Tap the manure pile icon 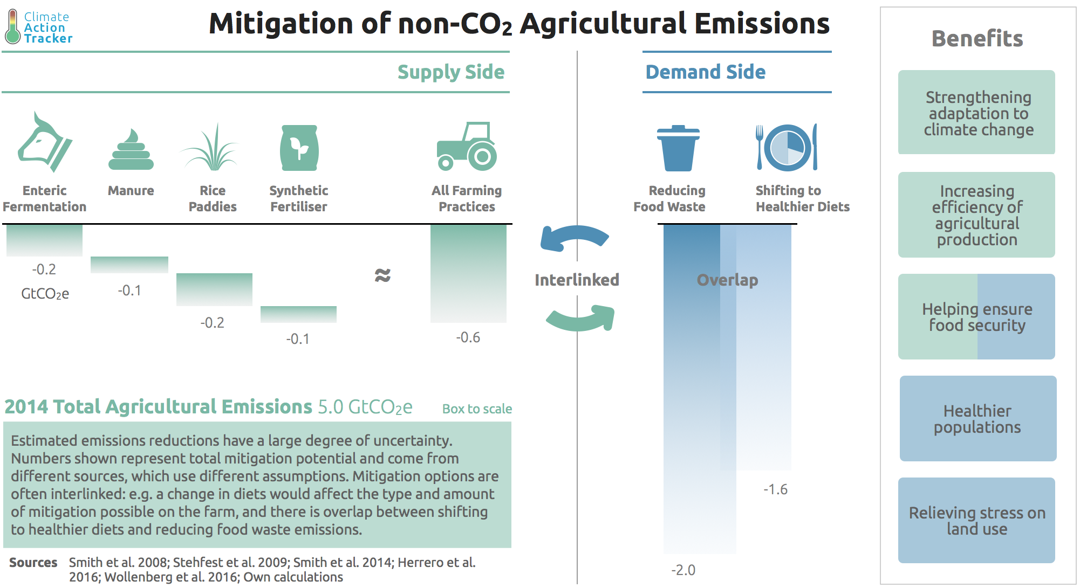(x=131, y=150)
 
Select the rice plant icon (x=211, y=148)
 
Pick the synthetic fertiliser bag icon (x=299, y=148)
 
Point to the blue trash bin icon (x=678, y=148)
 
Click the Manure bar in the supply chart (x=129, y=265)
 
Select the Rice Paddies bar (x=214, y=289)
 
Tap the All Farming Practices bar (x=468, y=273)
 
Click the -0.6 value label (x=468, y=338)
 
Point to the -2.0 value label (x=683, y=570)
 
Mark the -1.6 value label (x=775, y=489)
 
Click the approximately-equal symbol (x=382, y=275)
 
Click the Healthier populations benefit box (x=978, y=419)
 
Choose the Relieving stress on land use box (x=976, y=521)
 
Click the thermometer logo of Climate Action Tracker (x=12, y=27)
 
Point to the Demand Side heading (x=705, y=72)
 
